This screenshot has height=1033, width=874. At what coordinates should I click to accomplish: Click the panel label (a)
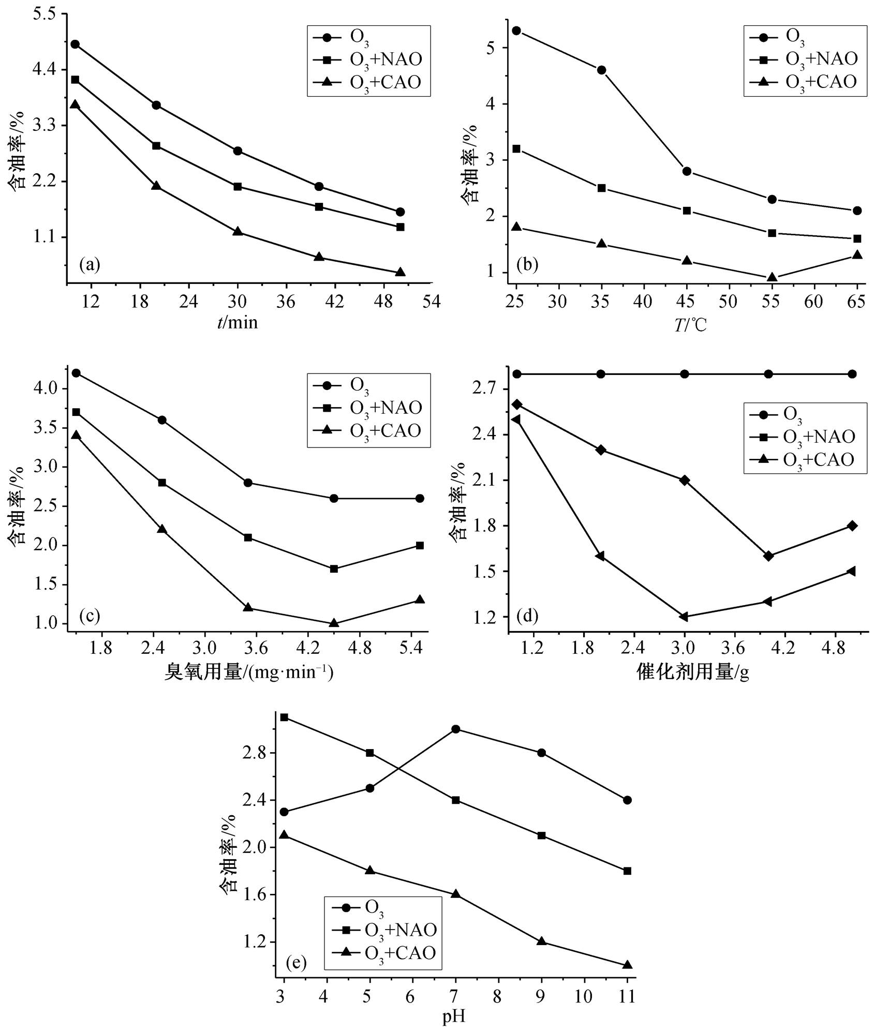click(x=90, y=265)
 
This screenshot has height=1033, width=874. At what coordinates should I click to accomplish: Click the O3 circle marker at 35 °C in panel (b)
click(x=601, y=70)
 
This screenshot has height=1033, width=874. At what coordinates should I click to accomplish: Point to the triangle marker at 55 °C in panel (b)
click(x=772, y=277)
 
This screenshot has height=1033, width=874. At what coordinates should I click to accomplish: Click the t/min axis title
click(x=238, y=323)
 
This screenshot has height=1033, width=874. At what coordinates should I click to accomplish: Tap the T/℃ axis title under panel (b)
click(x=690, y=325)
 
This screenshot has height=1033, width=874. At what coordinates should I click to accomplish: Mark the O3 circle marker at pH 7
click(x=455, y=729)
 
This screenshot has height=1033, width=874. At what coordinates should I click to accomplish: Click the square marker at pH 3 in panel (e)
click(x=284, y=717)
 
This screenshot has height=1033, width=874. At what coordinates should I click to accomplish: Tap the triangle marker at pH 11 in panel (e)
click(x=628, y=965)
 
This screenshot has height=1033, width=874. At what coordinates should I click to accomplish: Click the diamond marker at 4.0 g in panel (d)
click(x=768, y=556)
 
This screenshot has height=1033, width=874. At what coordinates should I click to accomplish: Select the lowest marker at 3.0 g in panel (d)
click(x=684, y=617)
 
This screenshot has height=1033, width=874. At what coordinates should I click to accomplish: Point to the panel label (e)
click(x=296, y=963)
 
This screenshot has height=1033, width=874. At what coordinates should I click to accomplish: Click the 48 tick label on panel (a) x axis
click(x=383, y=302)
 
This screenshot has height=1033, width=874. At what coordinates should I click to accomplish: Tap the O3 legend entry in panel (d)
click(x=792, y=414)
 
